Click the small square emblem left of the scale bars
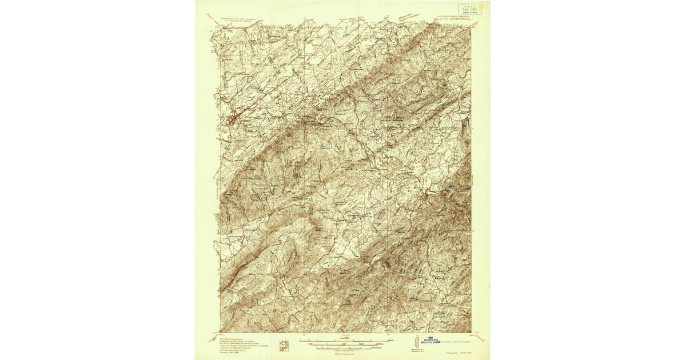click(283, 345)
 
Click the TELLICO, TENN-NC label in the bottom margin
click(461, 353)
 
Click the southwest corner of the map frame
click(220, 332)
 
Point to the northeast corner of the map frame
click(472, 25)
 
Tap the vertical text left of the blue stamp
click(418, 339)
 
